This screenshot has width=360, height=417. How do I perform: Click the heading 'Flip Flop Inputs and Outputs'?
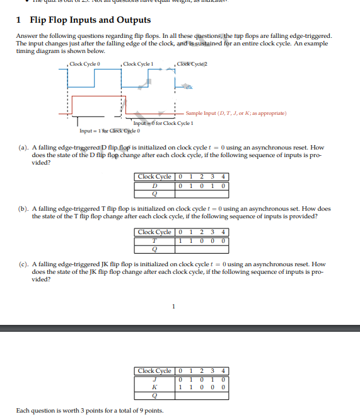(x=90, y=20)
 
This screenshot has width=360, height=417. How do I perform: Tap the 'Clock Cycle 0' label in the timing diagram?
(x=86, y=64)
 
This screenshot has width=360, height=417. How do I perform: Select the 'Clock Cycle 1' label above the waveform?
(x=139, y=64)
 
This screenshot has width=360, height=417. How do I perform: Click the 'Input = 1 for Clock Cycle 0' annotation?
(x=110, y=131)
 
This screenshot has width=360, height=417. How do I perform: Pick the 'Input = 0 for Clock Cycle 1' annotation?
(x=163, y=124)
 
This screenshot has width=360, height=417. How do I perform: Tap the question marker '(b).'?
(x=23, y=208)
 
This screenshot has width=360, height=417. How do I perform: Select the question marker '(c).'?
(x=23, y=264)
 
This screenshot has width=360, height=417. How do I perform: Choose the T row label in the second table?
(x=154, y=240)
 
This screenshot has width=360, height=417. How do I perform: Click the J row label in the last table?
(x=154, y=378)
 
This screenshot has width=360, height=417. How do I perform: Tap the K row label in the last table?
(x=154, y=386)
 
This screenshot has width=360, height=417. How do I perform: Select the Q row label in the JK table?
(x=154, y=395)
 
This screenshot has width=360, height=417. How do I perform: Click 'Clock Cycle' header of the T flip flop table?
(x=154, y=232)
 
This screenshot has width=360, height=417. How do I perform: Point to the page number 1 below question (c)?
(x=173, y=307)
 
